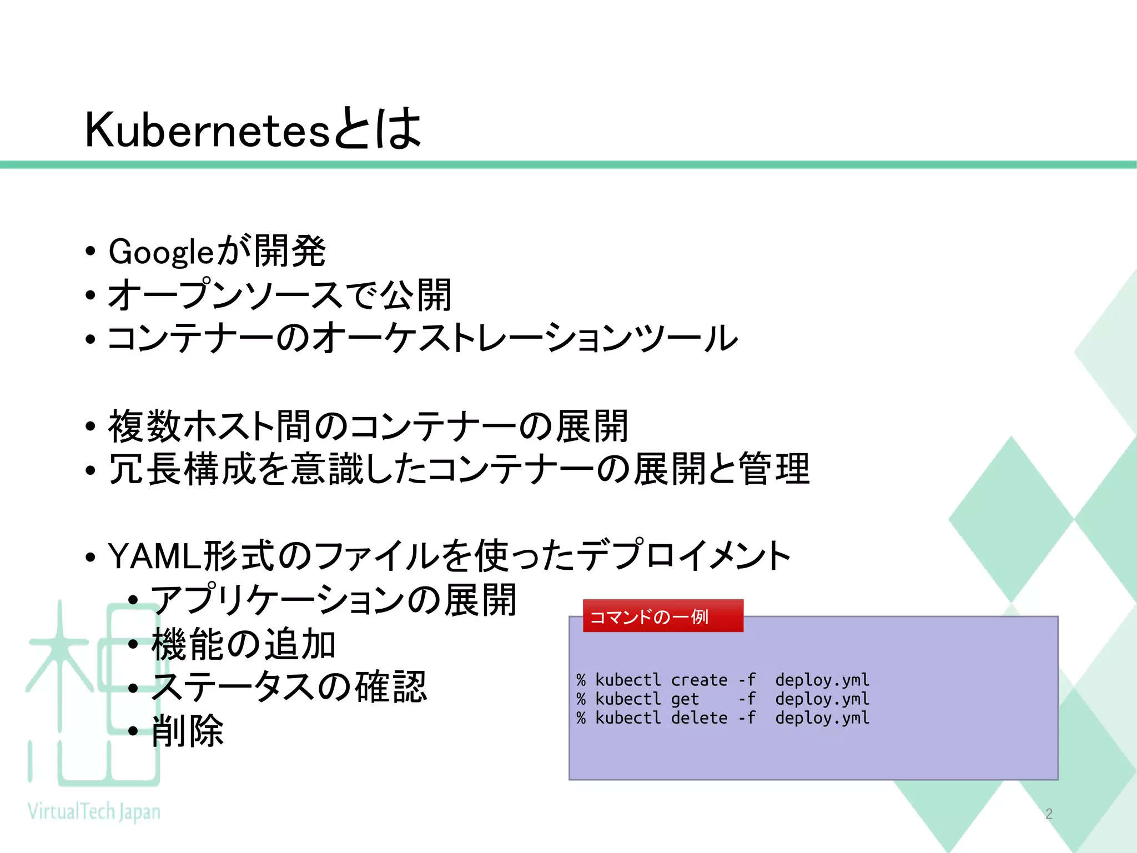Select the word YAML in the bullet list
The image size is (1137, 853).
(154, 556)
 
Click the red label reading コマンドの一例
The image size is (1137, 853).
(649, 616)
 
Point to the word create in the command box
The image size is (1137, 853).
(699, 680)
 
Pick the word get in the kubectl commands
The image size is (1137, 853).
(685, 699)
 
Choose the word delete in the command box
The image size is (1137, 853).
(699, 718)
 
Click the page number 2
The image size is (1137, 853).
(1049, 814)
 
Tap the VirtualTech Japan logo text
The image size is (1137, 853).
(94, 811)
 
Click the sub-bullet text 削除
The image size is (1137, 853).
(188, 731)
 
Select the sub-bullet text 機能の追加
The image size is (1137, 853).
(243, 644)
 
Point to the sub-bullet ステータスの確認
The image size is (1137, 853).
(289, 688)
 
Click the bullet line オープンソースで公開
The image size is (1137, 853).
(279, 295)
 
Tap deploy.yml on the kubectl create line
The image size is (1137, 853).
(822, 680)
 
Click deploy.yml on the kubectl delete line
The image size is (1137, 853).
(822, 718)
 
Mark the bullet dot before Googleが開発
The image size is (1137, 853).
(90, 252)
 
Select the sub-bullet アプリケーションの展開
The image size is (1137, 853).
(334, 600)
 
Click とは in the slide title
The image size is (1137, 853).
(378, 129)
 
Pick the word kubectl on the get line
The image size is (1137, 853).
(628, 699)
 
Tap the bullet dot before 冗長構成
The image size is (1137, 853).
(90, 470)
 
